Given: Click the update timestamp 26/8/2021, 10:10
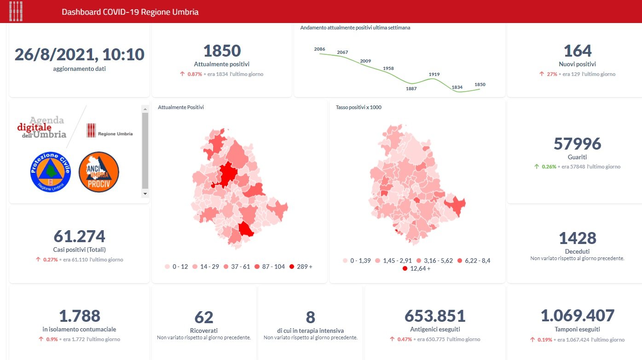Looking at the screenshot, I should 80,54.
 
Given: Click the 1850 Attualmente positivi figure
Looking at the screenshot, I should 222,51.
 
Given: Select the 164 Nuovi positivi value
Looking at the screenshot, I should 578,51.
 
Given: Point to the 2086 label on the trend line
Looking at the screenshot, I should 319,49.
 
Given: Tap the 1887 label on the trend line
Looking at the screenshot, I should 411,88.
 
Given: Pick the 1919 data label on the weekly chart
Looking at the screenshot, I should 434,74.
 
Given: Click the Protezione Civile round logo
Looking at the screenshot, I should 50,172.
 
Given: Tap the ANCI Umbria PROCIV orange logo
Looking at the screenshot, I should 99,172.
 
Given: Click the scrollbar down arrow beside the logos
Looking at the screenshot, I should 145,194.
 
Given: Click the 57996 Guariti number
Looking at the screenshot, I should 577,144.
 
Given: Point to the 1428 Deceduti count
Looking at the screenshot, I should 577,238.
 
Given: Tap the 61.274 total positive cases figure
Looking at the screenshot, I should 79,236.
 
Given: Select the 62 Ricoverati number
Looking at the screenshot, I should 204,318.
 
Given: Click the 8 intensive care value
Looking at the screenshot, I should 310,318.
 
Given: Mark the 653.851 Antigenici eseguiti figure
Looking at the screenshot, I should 435,316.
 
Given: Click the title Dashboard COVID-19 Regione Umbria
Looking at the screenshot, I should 130,12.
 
